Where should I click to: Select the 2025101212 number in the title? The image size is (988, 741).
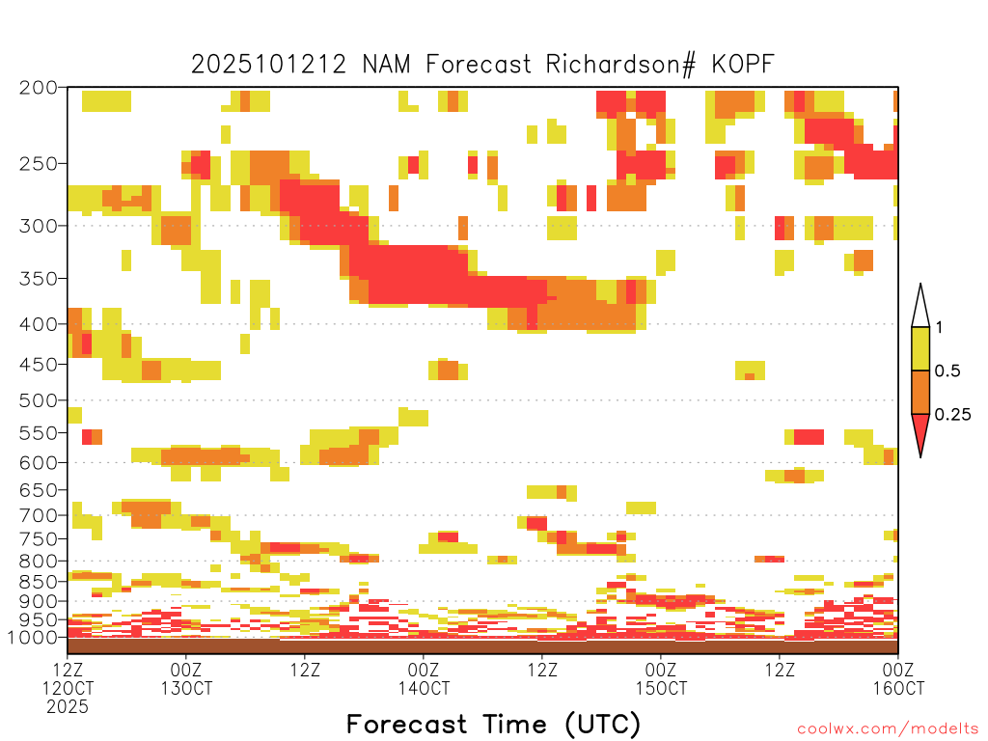coord(268,65)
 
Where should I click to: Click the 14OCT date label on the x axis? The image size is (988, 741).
coord(424,688)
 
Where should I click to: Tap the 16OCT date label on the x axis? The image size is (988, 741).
coord(898,688)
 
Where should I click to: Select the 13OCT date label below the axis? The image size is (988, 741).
coord(186,688)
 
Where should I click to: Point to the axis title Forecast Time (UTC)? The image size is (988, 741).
coord(493,724)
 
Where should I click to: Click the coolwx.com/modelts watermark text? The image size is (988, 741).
coord(888,728)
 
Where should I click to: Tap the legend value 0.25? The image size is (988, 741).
coord(951,415)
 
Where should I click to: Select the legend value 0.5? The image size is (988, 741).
coord(947,371)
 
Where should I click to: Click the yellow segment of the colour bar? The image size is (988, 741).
coord(920,349)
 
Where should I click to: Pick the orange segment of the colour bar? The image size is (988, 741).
coord(920,393)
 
